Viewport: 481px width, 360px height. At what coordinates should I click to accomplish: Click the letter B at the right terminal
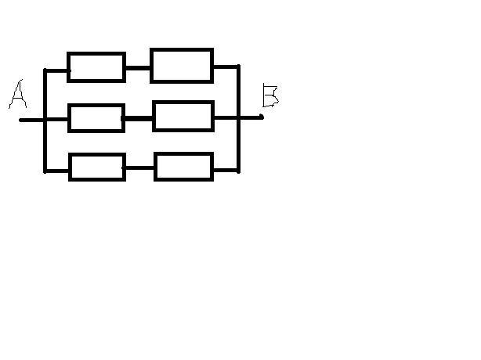click(271, 95)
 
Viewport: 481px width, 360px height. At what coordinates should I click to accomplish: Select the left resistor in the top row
click(96, 67)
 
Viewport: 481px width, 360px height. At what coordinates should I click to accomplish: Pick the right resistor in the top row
click(182, 66)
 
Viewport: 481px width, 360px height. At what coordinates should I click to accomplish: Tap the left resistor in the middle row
click(96, 118)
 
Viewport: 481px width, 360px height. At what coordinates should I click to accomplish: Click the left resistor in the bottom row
click(97, 167)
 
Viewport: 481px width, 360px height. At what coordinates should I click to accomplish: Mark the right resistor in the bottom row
click(183, 167)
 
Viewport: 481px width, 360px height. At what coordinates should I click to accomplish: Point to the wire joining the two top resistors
click(138, 68)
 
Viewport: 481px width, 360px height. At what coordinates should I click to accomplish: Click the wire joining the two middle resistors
click(138, 118)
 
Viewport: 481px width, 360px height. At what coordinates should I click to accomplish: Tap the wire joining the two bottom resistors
click(139, 167)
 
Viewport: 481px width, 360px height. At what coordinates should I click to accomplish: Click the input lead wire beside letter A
click(31, 120)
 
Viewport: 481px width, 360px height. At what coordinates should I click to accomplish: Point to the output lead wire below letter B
click(251, 117)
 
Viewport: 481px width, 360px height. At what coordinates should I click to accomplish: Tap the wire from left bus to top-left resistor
click(57, 70)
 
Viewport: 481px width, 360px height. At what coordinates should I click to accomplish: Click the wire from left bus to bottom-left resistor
click(57, 170)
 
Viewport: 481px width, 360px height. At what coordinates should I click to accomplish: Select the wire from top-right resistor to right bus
click(226, 67)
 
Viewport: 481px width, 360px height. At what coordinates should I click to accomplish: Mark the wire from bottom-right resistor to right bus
click(225, 169)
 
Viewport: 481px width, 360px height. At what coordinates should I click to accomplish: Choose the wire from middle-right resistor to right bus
click(226, 117)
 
